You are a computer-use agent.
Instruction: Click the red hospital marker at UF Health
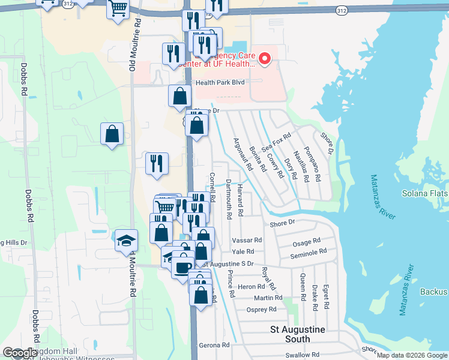coord(265,59)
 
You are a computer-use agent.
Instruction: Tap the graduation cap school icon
coord(126,241)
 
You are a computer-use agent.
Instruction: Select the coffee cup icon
coord(183,265)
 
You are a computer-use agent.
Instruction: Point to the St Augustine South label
coord(298,334)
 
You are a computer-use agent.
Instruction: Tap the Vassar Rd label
coord(247,239)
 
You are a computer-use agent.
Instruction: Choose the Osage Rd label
coord(306,242)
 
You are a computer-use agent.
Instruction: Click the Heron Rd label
coord(247,287)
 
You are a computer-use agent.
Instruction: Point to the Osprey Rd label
coord(261,310)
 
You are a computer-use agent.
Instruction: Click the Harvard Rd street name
coord(240,200)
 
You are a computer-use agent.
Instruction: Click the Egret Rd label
coord(325,296)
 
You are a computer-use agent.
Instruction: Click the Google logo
coord(19,353)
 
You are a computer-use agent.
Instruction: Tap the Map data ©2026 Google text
coord(412,355)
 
